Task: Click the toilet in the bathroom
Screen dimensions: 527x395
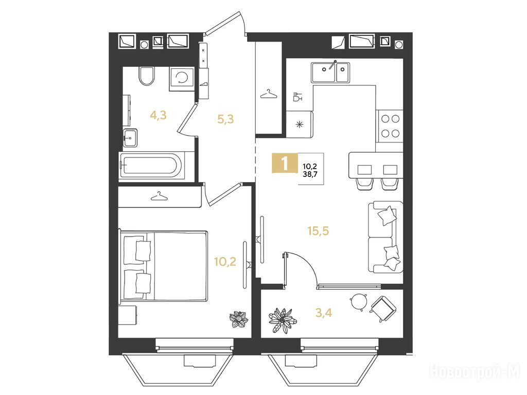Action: click(147, 76)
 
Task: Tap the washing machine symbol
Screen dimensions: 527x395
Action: click(182, 79)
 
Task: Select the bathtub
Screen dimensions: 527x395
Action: click(152, 165)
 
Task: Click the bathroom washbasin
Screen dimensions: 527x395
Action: click(130, 138)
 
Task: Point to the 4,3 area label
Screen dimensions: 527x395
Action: click(159, 116)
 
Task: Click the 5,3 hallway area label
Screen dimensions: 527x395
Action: click(225, 119)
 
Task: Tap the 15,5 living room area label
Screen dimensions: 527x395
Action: click(318, 231)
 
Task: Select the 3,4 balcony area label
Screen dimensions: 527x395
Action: click(324, 313)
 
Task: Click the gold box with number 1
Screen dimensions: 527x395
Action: click(285, 163)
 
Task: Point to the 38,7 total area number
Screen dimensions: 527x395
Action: click(310, 174)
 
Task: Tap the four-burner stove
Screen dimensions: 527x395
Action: click(390, 126)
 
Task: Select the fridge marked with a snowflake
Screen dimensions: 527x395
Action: click(300, 124)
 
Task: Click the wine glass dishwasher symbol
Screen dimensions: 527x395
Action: click(297, 96)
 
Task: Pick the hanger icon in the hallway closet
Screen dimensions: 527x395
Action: click(269, 94)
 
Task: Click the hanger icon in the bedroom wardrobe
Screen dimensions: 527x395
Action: click(160, 196)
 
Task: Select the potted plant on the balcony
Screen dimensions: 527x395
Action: click(283, 320)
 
